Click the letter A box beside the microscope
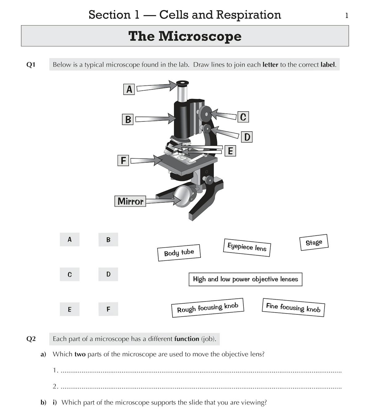coord(129,89)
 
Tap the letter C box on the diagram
coord(243,117)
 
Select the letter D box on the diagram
coord(247,137)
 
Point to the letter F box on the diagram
coord(123,160)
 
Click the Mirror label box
coord(130,201)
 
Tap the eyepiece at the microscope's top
coord(182,83)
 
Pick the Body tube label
coord(179,253)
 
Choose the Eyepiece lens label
coord(247,247)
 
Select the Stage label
coord(314,243)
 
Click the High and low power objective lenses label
coord(245,279)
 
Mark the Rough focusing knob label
coord(208,307)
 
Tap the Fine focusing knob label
coord(293,307)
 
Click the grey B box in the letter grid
coord(108,239)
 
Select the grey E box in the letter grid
coord(69,309)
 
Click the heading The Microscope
coord(185,36)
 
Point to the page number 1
coord(347,15)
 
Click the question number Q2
coord(31,339)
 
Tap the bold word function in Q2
coord(187,339)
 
